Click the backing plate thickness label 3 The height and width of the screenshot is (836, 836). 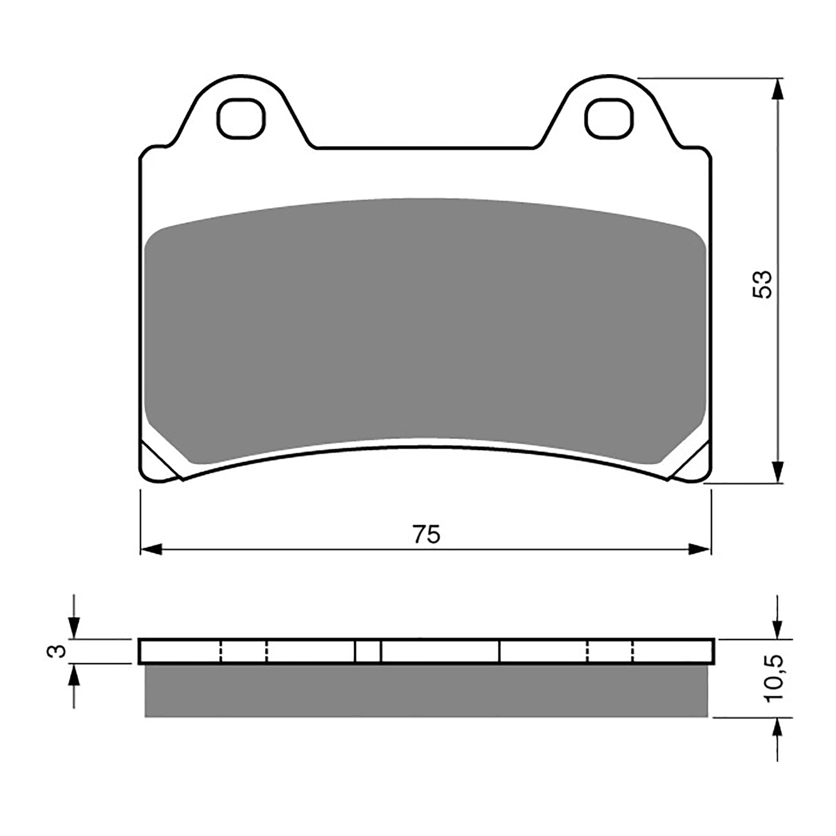pyautogui.click(x=60, y=651)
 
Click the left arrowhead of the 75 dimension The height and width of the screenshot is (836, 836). pyautogui.click(x=152, y=549)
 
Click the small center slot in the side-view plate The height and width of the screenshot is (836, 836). pyautogui.click(x=368, y=651)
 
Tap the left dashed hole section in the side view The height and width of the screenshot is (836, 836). pyautogui.click(x=243, y=651)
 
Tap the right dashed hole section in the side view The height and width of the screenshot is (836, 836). pyautogui.click(x=610, y=651)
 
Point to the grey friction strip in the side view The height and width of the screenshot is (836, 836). pyautogui.click(x=426, y=690)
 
